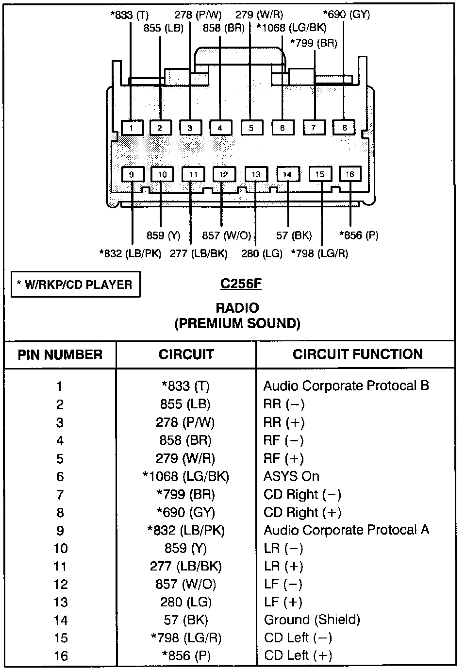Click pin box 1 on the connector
coord(132,128)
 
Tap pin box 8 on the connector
coord(344,128)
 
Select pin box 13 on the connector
coord(256,174)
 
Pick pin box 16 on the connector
coord(350,174)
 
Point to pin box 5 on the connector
coord(251,128)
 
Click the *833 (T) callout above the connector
coord(130,15)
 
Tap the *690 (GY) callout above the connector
coord(347,15)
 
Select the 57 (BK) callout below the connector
coord(294,235)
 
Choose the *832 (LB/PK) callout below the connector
coord(130,253)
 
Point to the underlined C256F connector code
coord(241,284)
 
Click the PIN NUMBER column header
coord(60,354)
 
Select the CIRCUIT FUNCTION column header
coord(358,354)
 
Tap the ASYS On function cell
coord(291,476)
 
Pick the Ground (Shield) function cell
coord(312,620)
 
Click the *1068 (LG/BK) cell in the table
coord(186,476)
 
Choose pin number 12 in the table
coord(61,584)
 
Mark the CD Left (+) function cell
coord(298,656)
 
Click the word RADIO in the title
coord(237,308)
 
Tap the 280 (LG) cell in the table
coord(186,602)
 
